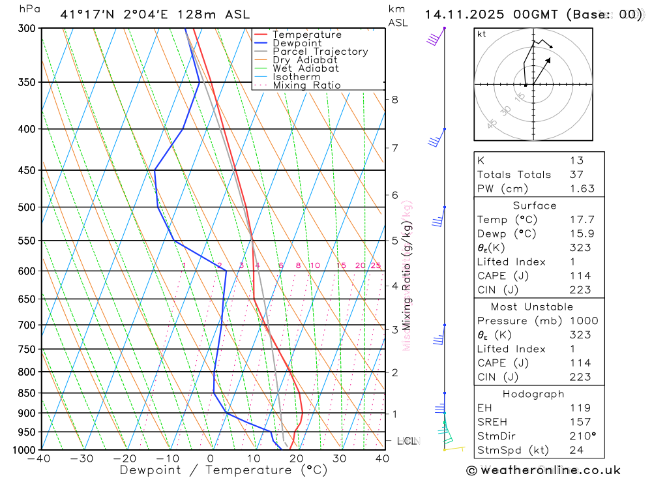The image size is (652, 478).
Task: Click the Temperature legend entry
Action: coord(306,35)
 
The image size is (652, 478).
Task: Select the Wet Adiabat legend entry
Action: coord(305,68)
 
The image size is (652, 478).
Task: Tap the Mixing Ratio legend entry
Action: coord(306,85)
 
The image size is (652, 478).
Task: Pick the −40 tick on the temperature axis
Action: coord(39,458)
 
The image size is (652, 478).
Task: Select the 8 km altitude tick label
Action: coord(394,100)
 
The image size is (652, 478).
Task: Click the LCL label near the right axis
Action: coord(406,441)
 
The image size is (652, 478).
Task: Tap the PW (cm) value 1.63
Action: coord(582,188)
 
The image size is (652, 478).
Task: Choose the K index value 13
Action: coord(576,160)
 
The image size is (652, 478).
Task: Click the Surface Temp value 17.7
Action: coord(582,220)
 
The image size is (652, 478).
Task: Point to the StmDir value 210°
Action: coord(582,436)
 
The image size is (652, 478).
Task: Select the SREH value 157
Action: coord(580,422)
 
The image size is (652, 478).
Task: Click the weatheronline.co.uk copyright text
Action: coord(543,470)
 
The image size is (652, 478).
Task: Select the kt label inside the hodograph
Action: coord(482,34)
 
